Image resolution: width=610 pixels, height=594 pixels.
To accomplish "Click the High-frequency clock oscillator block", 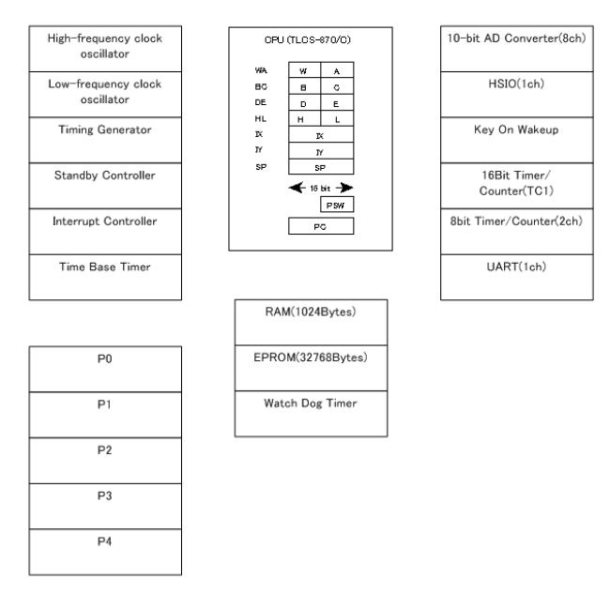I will [105, 48].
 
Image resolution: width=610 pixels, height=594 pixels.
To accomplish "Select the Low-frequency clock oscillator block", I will [105, 94].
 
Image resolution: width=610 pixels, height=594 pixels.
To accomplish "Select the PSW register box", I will [338, 205].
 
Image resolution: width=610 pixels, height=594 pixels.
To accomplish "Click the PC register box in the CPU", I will [321, 226].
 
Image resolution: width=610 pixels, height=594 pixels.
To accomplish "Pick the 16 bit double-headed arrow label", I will [320, 187].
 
